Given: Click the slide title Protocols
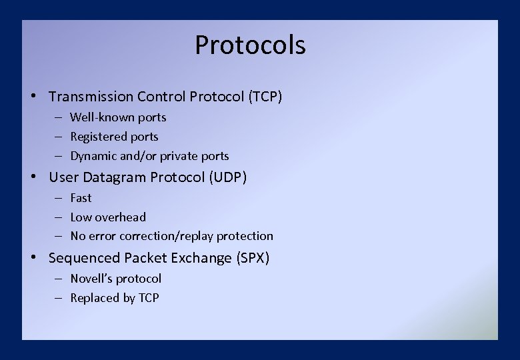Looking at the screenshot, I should (x=250, y=45).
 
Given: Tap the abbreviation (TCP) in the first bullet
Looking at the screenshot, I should (x=265, y=97).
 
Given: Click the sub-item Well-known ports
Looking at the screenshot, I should (x=118, y=117).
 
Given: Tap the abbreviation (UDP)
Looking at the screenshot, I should (x=229, y=177).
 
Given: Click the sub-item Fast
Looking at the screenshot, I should (x=81, y=198).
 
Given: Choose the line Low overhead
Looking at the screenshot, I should (x=108, y=217).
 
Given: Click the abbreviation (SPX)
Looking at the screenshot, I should (x=253, y=258).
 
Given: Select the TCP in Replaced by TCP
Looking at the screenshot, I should (x=149, y=298).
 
